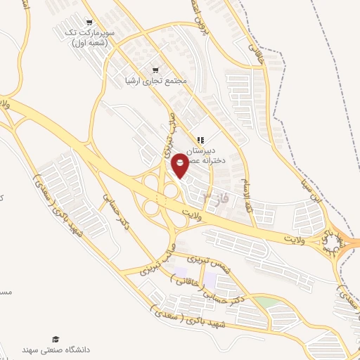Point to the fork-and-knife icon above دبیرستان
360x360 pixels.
pyautogui.click(x=201, y=140)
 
